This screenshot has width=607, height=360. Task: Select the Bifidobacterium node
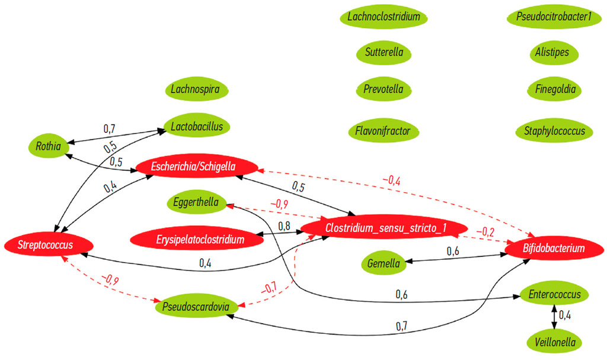click(x=554, y=248)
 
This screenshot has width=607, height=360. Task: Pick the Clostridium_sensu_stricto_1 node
click(x=383, y=228)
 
